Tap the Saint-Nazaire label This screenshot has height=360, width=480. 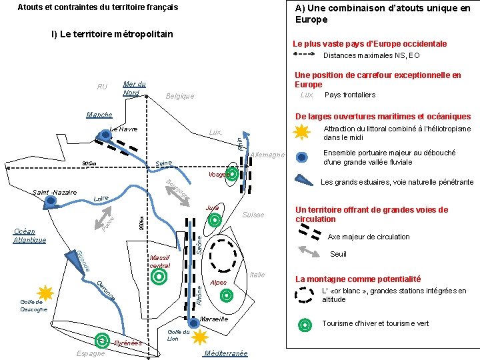(x=55, y=193)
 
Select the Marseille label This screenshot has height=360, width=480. (x=214, y=319)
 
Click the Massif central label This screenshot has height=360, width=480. (x=160, y=261)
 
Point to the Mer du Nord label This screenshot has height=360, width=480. (x=135, y=88)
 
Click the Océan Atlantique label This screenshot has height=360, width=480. (x=30, y=235)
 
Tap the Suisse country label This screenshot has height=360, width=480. (x=253, y=215)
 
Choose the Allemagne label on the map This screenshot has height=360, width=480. (x=267, y=155)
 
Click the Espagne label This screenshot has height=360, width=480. (x=91, y=353)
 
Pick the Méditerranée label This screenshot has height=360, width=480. (x=227, y=353)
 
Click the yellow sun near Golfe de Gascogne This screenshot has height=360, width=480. (x=45, y=292)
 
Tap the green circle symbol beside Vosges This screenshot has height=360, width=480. (x=233, y=175)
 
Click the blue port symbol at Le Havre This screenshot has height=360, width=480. (x=105, y=136)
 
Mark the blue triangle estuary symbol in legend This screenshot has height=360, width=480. (x=303, y=179)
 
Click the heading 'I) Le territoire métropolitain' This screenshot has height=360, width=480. (x=113, y=34)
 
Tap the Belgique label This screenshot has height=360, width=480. (x=179, y=96)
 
